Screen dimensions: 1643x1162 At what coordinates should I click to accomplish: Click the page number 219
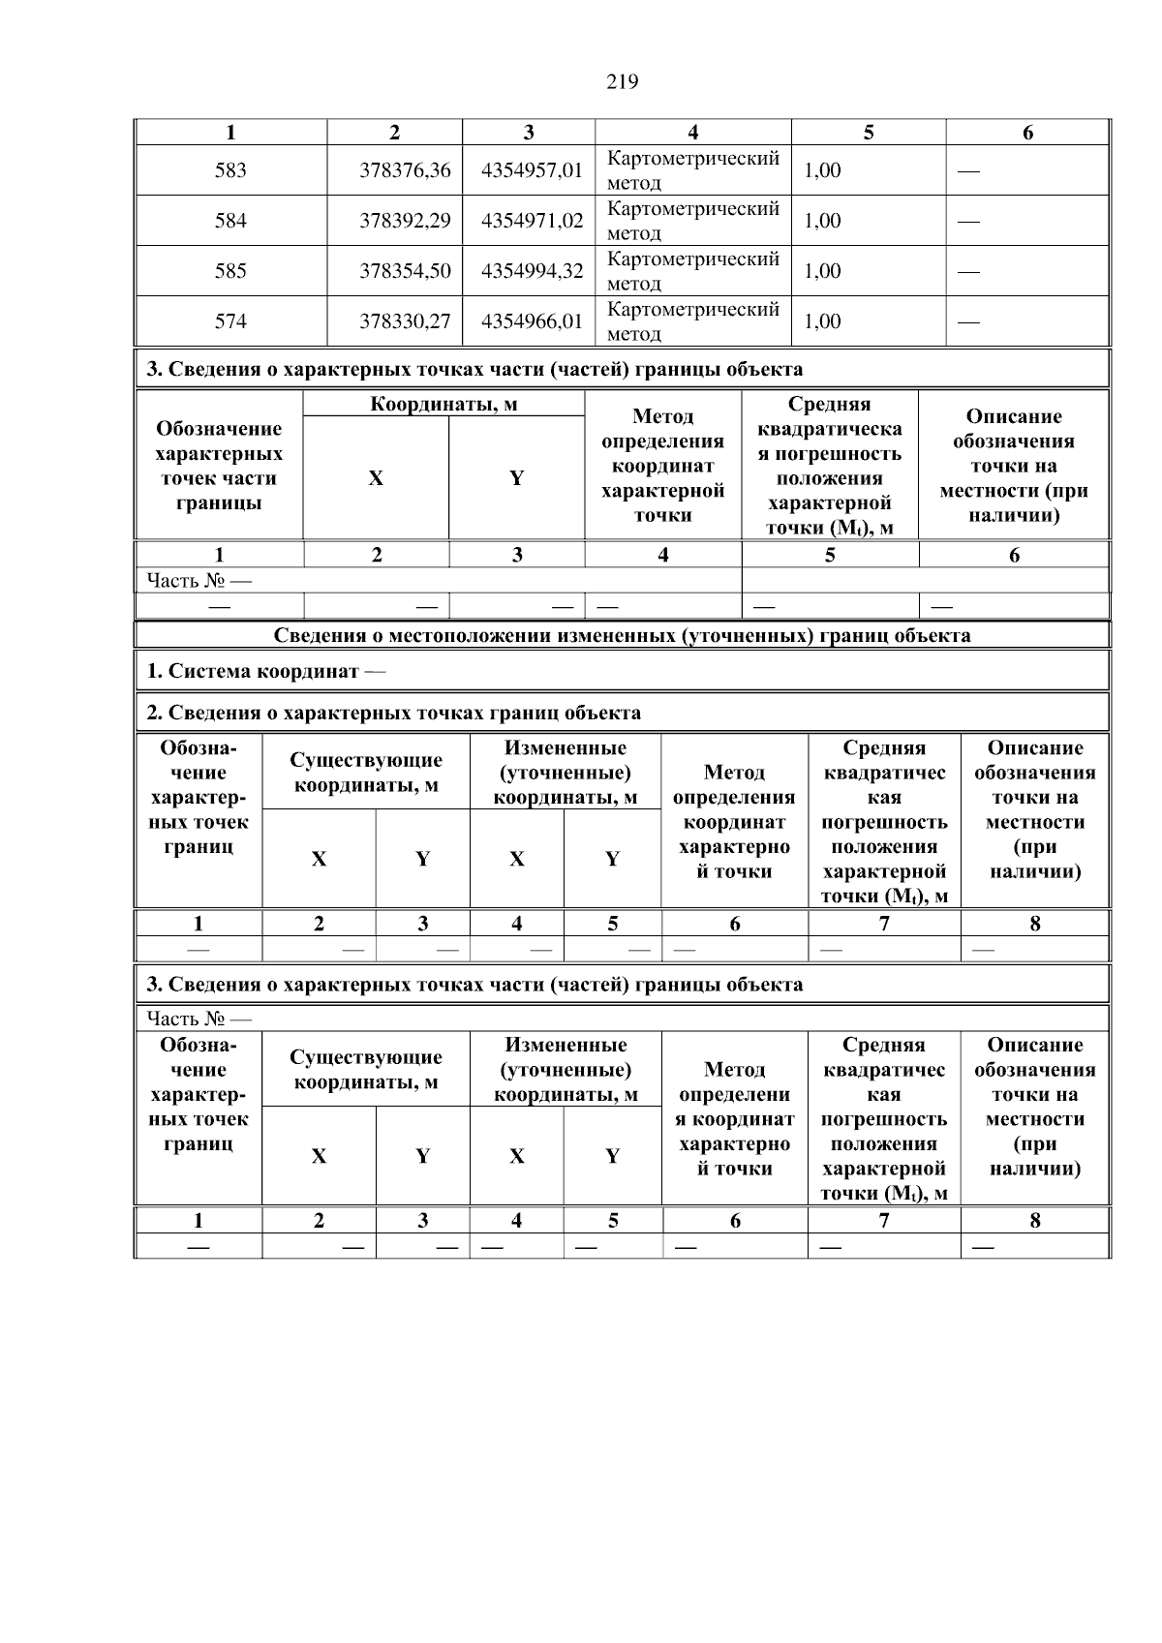pyautogui.click(x=622, y=82)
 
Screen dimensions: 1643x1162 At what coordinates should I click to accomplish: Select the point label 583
pyautogui.click(x=230, y=170)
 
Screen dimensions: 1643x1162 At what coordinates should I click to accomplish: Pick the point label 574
pyautogui.click(x=230, y=321)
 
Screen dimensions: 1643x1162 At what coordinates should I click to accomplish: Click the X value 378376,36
pyautogui.click(x=405, y=170)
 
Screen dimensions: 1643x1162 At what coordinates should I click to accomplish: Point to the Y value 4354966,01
pyautogui.click(x=532, y=321)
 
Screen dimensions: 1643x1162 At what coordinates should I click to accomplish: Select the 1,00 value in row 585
pyautogui.click(x=822, y=271)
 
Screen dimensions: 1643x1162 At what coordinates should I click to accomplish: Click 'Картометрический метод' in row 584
pyautogui.click(x=692, y=221)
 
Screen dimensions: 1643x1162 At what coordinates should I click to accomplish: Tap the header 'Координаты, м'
pyautogui.click(x=443, y=405)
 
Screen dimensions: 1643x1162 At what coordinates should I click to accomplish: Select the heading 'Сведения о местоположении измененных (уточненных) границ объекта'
pyautogui.click(x=622, y=636)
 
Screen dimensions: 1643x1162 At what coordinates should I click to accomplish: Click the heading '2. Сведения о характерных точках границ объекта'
pyautogui.click(x=393, y=714)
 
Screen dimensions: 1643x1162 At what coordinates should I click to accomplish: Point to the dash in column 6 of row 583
pyautogui.click(x=968, y=171)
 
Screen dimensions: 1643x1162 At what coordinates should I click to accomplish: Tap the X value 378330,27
pyautogui.click(x=405, y=321)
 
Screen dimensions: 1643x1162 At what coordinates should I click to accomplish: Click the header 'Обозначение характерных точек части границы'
pyautogui.click(x=219, y=466)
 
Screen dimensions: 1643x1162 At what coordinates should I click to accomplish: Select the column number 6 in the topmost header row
pyautogui.click(x=1027, y=134)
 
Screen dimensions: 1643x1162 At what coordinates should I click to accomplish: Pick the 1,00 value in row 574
pyautogui.click(x=822, y=321)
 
